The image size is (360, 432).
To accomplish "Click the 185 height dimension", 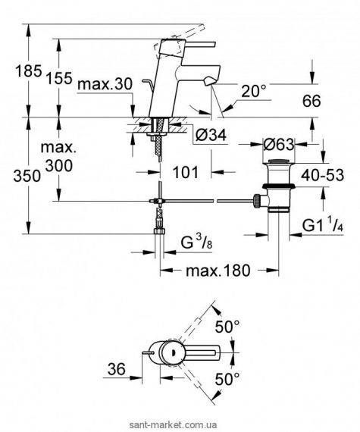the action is [28, 71].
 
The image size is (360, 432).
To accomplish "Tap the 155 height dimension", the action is [58, 78].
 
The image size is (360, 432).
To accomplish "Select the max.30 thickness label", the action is [105, 84].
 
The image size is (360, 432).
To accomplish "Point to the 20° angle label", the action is [254, 91].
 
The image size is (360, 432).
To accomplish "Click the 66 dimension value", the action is [311, 101].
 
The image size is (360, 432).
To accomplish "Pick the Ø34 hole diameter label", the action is [211, 135].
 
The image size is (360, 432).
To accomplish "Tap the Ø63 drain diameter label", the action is [279, 144].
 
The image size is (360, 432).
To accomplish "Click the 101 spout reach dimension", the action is [186, 173].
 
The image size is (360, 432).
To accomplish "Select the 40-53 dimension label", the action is [322, 175].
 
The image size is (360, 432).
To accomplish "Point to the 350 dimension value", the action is [27, 176].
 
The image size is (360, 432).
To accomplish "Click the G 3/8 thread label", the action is [196, 243].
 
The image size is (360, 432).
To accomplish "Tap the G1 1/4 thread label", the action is [323, 226].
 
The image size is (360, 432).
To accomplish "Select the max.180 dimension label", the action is [218, 271].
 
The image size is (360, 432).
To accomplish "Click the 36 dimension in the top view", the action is [116, 369].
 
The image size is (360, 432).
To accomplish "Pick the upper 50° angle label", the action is [227, 327].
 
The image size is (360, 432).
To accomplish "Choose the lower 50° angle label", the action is [227, 379].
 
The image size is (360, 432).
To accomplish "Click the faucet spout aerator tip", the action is [210, 81].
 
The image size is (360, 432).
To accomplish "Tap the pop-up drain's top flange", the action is [279, 161].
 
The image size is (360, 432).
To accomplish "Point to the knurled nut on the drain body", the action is [257, 200].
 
